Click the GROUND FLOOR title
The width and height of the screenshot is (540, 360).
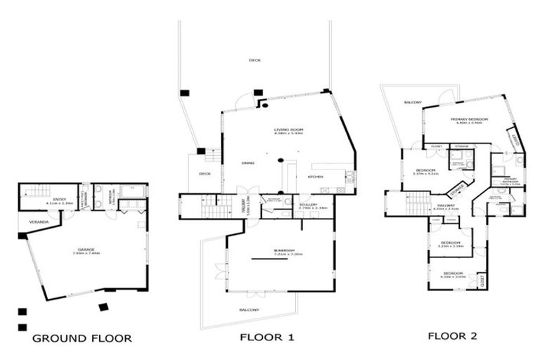[82, 338]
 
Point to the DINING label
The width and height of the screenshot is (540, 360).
[247, 163]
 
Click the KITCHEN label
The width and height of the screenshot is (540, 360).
[314, 176]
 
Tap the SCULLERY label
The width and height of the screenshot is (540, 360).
[309, 205]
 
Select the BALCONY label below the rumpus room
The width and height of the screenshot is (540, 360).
[250, 310]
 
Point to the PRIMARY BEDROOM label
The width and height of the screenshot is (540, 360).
[469, 120]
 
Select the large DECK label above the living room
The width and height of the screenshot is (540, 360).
[255, 60]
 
